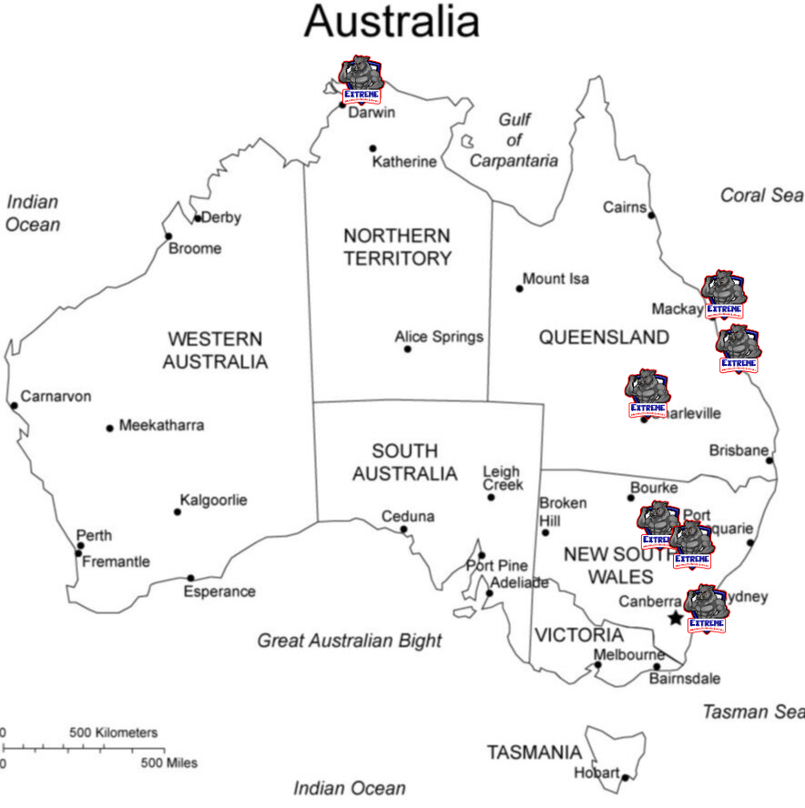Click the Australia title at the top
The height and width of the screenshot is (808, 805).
click(392, 21)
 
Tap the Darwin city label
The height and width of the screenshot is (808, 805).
click(372, 113)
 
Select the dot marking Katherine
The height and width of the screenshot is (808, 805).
click(372, 148)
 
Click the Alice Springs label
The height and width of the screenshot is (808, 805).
click(439, 337)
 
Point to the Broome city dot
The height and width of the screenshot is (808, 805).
click(168, 237)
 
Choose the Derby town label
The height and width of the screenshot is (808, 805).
click(221, 217)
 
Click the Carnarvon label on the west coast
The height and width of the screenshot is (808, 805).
click(56, 397)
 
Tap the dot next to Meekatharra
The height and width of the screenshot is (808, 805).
click(110, 428)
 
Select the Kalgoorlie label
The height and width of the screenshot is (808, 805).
click(213, 500)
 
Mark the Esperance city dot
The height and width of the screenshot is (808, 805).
click(190, 578)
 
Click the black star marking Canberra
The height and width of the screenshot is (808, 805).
click(675, 619)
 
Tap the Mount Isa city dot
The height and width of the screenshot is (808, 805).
click(520, 288)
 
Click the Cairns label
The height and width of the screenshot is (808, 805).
click(624, 207)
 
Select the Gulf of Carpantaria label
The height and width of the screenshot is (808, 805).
click(515, 140)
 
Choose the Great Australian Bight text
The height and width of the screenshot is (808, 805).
click(349, 641)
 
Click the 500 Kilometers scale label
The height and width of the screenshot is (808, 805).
click(113, 732)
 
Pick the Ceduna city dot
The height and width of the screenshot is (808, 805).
click(404, 530)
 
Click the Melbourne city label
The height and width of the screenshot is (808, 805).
click(628, 655)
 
